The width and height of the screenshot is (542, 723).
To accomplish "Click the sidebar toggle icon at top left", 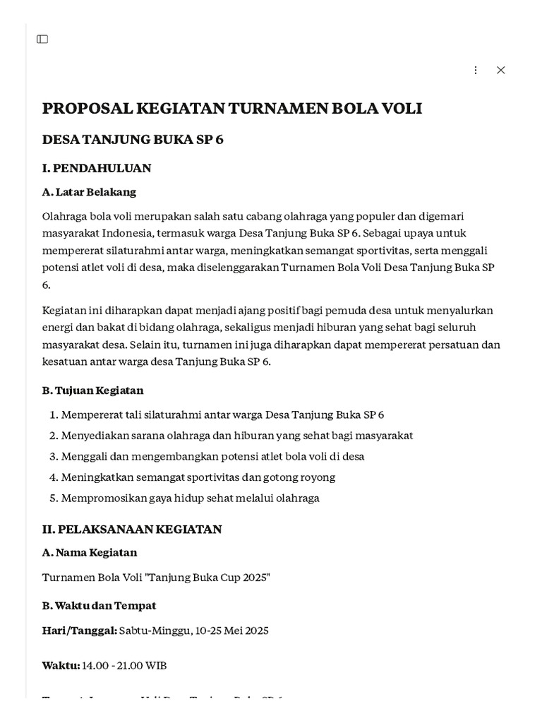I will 42,39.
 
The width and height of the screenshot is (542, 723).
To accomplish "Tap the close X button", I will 500,70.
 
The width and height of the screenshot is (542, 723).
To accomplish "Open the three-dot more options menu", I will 475,70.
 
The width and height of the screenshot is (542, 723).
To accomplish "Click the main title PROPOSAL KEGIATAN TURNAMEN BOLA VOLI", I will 232,108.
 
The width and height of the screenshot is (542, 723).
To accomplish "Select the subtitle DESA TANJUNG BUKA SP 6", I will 133,139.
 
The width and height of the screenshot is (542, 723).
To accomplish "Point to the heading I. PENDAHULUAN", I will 97,168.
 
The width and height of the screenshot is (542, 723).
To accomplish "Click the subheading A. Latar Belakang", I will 89,192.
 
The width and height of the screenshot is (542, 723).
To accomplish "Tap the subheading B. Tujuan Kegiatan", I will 92,390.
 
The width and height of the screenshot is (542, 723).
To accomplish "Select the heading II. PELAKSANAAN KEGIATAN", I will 132,529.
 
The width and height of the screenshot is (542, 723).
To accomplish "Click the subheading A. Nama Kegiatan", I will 90,552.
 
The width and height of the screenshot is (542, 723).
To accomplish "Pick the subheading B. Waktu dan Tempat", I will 99,606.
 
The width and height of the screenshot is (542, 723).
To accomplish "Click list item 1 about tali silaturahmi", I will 222,415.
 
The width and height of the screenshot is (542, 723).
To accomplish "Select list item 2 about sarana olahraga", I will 236,436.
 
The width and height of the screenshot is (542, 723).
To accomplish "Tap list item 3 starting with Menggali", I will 212,457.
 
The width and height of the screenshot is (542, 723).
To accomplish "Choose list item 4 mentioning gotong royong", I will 198,477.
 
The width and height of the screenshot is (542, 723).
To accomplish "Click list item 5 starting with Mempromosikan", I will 190,498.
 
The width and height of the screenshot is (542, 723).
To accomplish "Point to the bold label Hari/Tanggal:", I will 79,631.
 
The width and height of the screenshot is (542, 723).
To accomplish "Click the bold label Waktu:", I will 61,666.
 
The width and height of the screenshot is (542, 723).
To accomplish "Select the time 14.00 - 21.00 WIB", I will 124,666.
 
